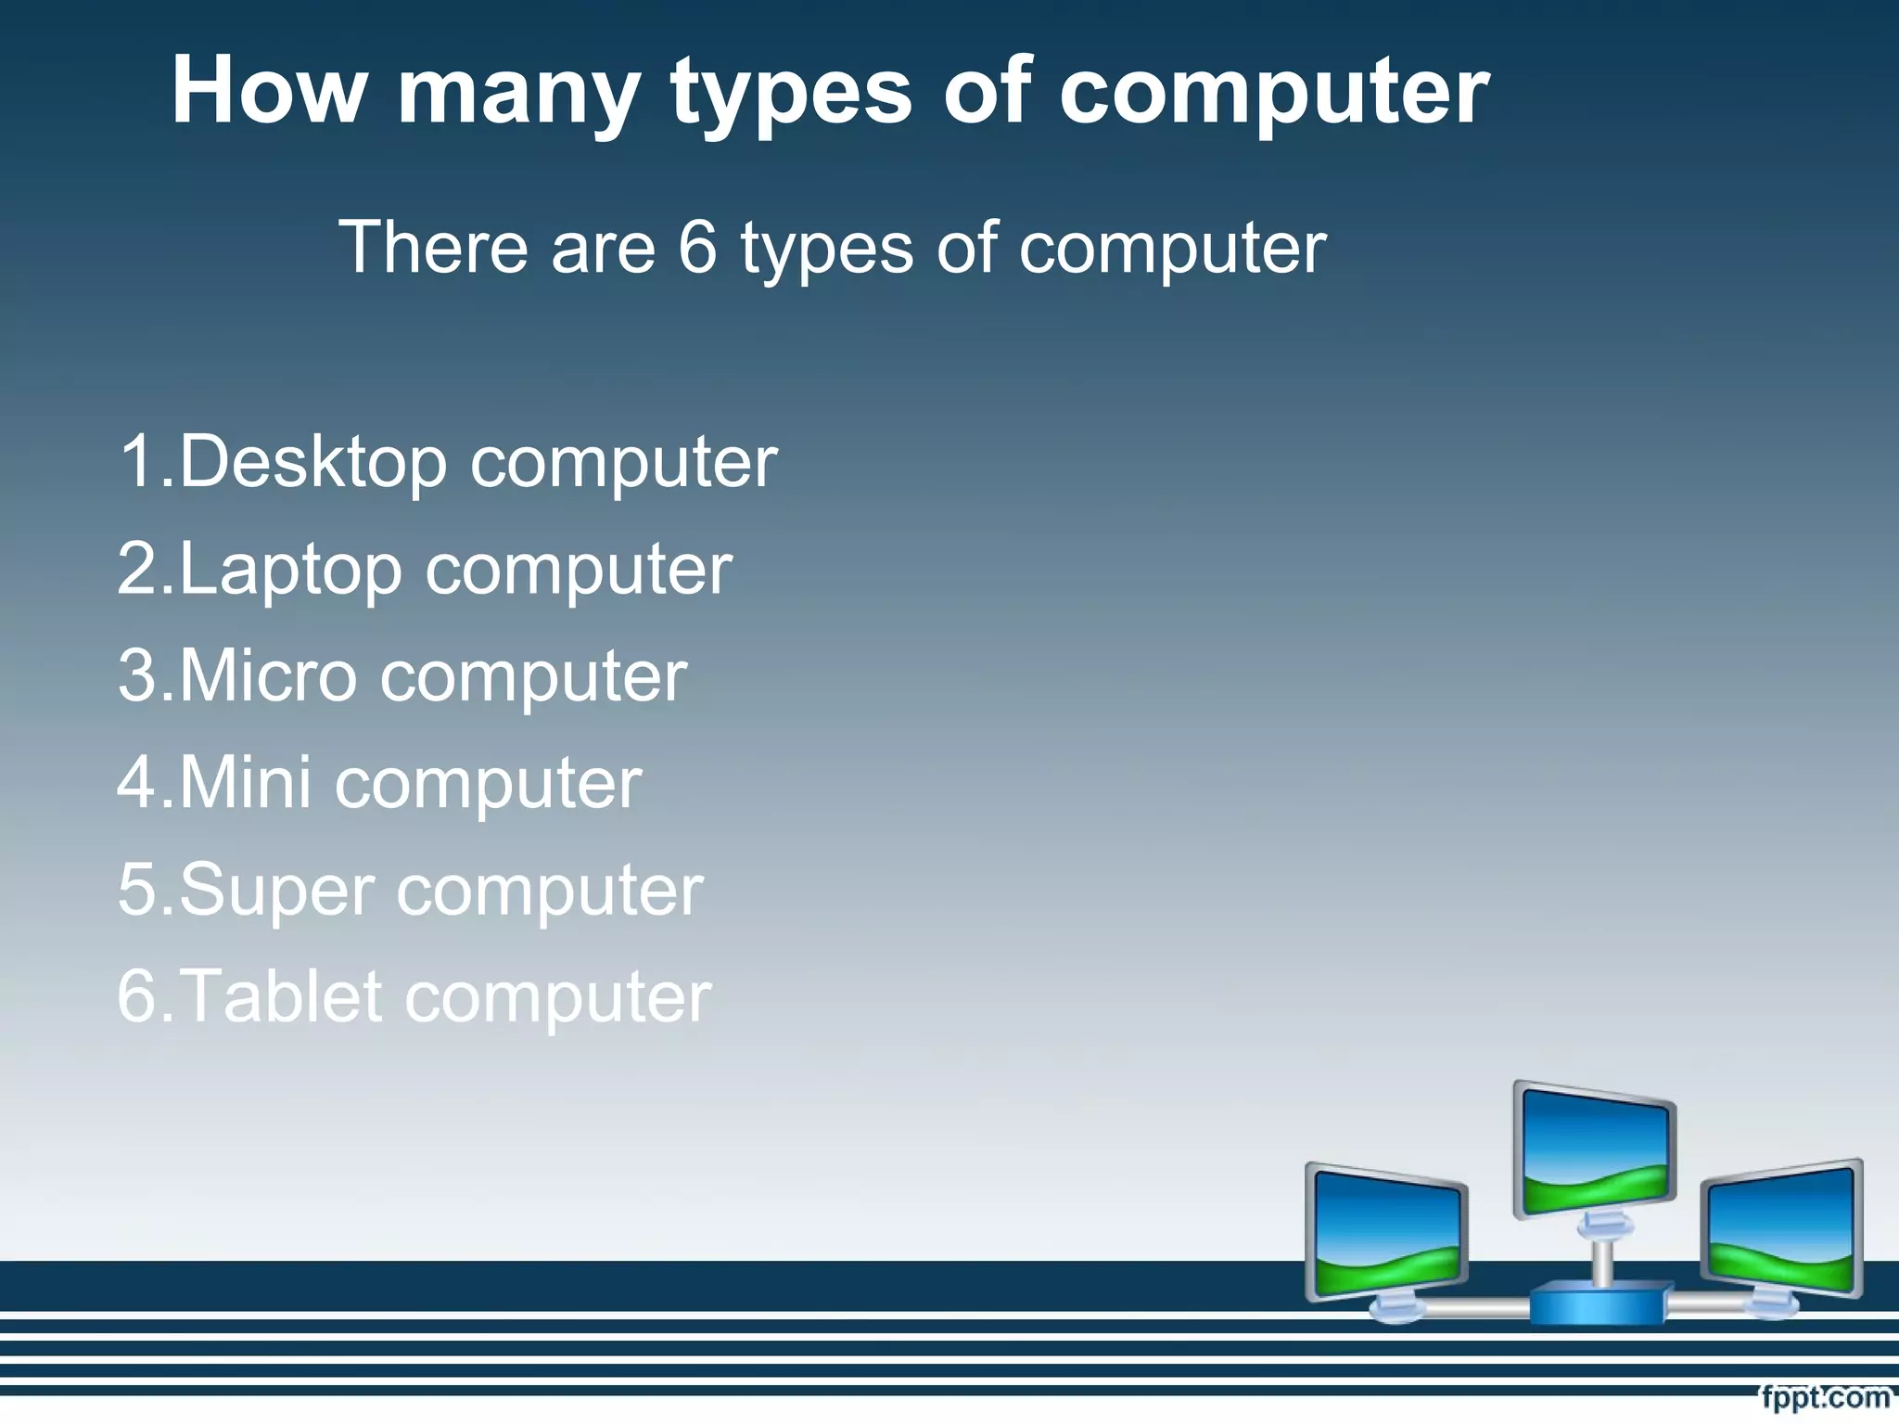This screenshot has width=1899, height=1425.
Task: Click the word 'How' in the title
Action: coord(268,90)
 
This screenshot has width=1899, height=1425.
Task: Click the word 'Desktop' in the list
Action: coord(312,461)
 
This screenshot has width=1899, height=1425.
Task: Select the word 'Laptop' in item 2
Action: coord(290,569)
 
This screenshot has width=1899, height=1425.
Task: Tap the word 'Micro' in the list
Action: coord(267,674)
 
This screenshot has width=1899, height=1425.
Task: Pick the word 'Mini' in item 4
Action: coord(245,782)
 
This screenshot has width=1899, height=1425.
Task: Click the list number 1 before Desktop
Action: coord(137,461)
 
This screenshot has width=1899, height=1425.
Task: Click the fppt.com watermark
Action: coord(1824,1397)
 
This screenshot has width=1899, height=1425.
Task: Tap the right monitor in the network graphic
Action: coord(1782,1229)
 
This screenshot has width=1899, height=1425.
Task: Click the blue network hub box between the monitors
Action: coord(1598,1303)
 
